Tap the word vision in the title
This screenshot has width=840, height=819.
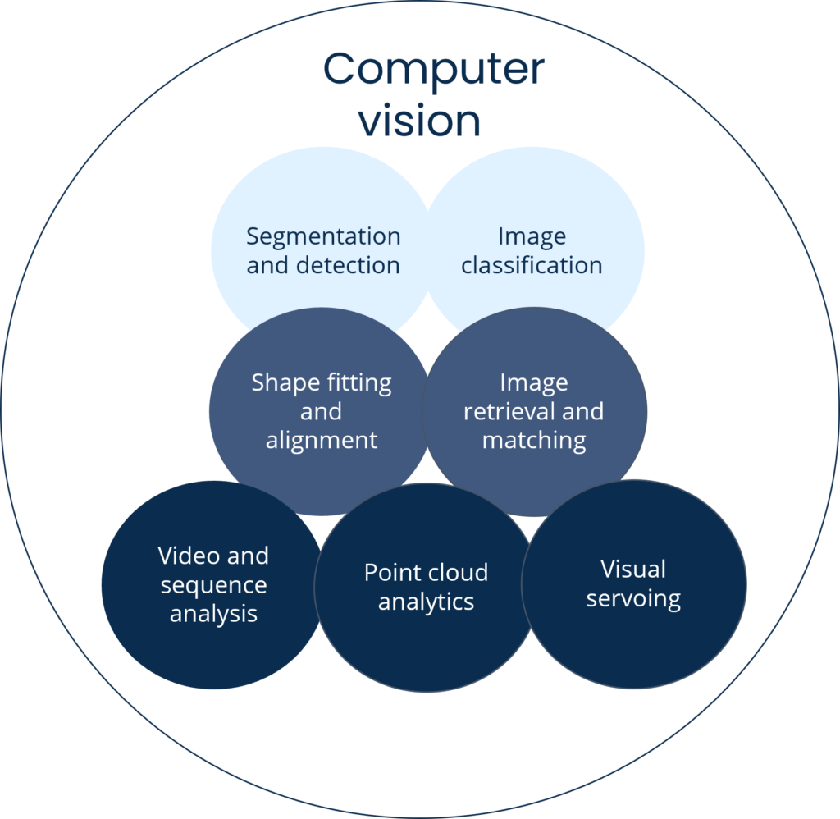click(x=419, y=121)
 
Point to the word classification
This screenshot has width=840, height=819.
click(x=532, y=265)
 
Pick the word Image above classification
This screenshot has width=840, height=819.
click(x=532, y=236)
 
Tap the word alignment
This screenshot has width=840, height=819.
click(x=322, y=440)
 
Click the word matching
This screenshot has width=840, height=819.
click(x=534, y=441)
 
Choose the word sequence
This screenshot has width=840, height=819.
click(x=213, y=585)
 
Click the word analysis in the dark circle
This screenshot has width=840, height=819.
click(x=213, y=614)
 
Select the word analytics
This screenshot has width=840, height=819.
click(x=426, y=602)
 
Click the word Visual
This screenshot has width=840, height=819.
click(x=633, y=569)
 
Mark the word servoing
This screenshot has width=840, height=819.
click(x=633, y=598)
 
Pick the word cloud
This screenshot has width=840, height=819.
click(x=458, y=572)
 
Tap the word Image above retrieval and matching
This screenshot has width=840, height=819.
click(x=534, y=382)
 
